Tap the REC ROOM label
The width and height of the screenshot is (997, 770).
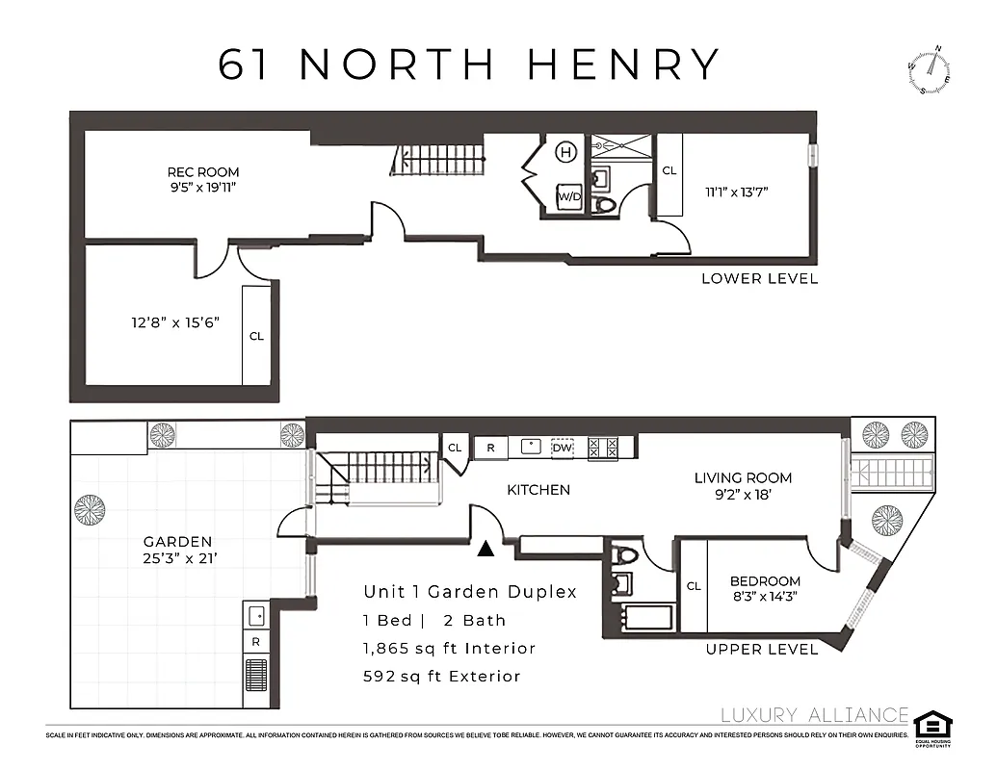point(202,172)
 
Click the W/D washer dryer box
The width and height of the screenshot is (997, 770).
point(568,196)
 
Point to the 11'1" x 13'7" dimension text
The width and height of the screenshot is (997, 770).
point(736,192)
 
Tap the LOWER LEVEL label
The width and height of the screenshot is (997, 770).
point(759,279)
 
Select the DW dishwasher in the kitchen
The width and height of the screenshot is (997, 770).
point(562,448)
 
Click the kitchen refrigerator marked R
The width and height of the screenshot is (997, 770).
point(490,448)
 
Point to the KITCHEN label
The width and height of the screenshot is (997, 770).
point(538,490)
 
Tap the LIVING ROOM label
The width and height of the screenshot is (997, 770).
point(743,477)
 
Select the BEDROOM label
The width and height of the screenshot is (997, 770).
point(765,581)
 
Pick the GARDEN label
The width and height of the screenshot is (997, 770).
point(177,542)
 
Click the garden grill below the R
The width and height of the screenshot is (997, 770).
point(256,675)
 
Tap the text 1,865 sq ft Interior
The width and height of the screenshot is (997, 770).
point(449,649)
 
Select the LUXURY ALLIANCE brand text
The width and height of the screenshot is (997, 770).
point(814,715)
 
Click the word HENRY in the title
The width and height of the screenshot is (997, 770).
point(623,64)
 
